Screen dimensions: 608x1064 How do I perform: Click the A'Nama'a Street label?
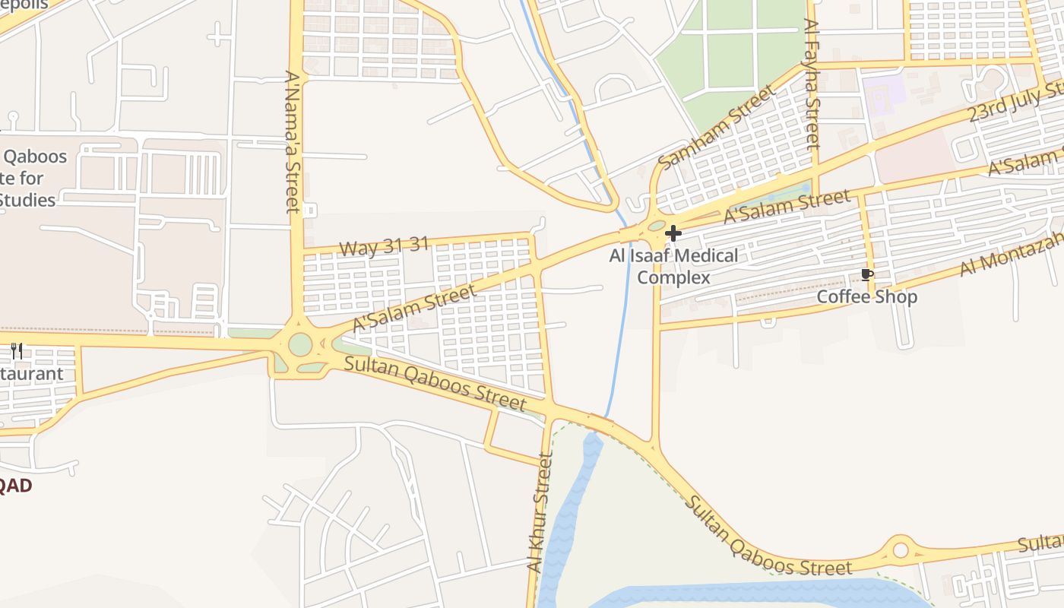293,142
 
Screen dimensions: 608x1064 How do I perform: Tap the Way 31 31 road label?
384,246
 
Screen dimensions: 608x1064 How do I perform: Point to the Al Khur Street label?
540,512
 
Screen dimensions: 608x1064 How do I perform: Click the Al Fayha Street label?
812,84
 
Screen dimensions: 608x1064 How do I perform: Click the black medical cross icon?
673,233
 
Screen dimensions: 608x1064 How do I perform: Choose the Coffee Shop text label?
867,296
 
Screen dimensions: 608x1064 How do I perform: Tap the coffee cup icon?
867,274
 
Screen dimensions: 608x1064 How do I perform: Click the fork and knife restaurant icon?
17,350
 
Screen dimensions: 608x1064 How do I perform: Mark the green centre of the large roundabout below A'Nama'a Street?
300,344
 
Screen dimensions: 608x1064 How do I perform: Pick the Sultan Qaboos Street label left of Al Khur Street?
435,382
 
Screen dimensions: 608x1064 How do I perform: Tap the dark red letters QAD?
15,486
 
